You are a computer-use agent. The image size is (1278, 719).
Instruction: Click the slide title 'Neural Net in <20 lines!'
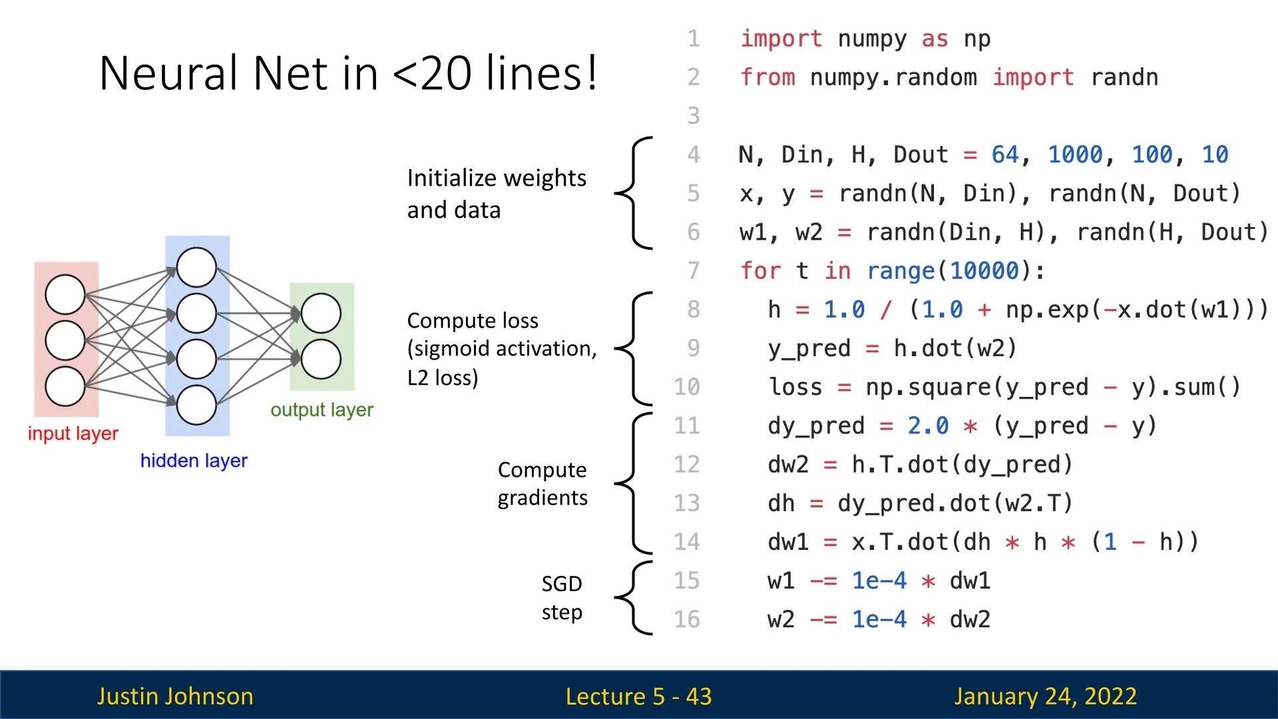point(348,73)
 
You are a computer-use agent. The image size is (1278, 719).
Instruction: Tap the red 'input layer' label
point(73,433)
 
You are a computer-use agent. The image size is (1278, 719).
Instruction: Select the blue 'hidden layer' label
point(194,461)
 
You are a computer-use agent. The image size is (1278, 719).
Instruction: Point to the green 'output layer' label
point(321,409)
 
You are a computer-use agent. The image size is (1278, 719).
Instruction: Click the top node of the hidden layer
point(196,268)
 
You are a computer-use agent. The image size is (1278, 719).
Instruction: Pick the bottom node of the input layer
point(65,386)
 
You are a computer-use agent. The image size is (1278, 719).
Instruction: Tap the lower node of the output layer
point(321,359)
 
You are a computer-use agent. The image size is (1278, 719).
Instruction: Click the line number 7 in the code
point(694,271)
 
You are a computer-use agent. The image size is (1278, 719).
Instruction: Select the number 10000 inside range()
point(984,271)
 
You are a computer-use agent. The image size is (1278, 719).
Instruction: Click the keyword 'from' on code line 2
point(767,77)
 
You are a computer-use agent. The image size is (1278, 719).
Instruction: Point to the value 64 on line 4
point(1004,154)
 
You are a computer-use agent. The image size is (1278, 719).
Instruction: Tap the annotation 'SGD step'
point(562,597)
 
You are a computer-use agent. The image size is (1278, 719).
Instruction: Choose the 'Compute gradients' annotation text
point(542,483)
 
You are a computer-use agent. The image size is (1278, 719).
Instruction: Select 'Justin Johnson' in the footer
point(175,696)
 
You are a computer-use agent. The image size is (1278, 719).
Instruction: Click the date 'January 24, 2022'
point(1045,696)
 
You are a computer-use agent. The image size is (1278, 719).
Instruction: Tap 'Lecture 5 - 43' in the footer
point(638,696)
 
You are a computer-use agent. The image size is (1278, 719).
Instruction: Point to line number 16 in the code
point(687,619)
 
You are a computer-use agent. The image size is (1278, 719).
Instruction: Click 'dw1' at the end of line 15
point(970,581)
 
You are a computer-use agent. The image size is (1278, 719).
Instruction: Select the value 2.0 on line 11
point(928,425)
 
